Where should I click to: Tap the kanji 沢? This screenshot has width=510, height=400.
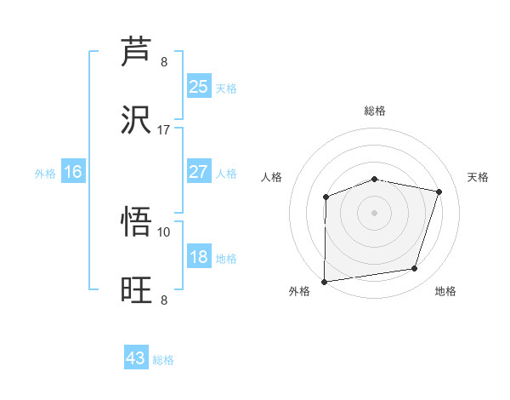click(137, 119)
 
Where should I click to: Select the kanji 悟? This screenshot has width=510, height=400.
click(137, 223)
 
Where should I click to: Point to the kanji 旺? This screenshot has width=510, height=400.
click(137, 289)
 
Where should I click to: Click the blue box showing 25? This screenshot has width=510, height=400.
click(198, 86)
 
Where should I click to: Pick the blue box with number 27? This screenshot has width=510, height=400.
click(198, 172)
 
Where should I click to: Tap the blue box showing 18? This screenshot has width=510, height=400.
click(198, 257)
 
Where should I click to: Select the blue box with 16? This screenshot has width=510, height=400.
click(73, 172)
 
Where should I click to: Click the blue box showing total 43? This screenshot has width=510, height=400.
click(136, 358)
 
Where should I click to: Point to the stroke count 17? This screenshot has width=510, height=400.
click(164, 130)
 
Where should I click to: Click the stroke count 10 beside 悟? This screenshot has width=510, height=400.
click(164, 231)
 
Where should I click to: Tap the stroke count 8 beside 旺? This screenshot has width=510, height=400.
click(164, 300)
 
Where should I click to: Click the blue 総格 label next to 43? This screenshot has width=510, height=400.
click(163, 360)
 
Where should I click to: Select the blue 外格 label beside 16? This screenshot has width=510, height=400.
click(45, 174)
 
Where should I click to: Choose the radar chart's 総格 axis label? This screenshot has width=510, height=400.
click(375, 111)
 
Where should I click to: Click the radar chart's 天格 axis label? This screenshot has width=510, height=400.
click(478, 177)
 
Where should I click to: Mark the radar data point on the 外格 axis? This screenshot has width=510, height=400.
click(325, 281)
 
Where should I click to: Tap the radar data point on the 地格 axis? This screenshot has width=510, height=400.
click(415, 269)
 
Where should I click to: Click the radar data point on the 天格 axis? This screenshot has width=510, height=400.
click(439, 192)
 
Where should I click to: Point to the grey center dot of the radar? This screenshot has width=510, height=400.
click(374, 212)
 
